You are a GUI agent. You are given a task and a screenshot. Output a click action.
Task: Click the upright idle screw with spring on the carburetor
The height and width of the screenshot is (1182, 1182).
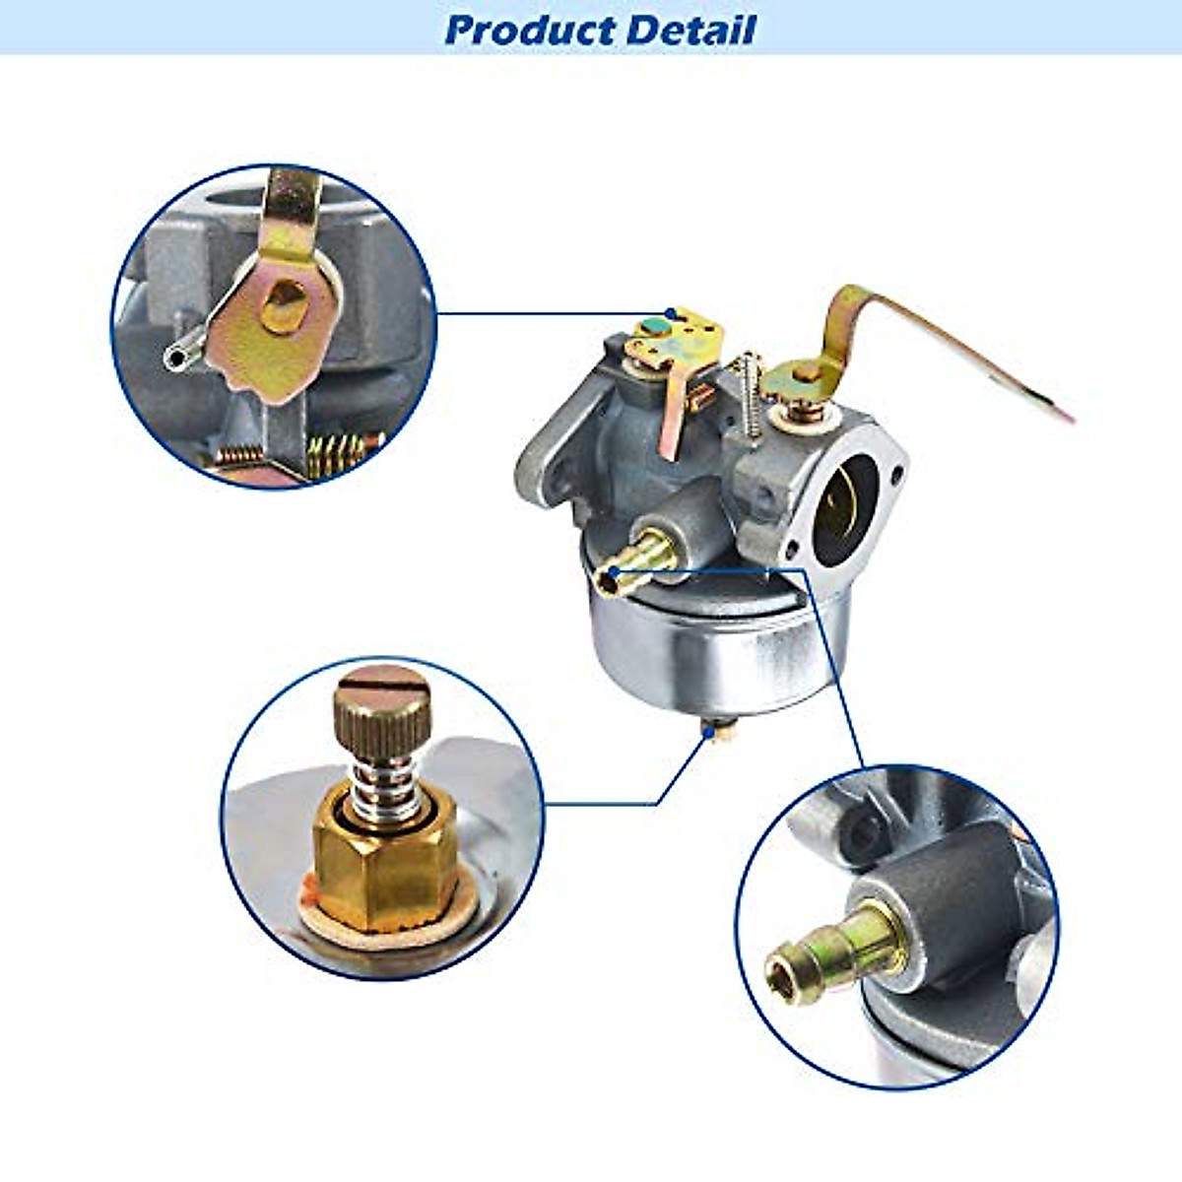[752, 394]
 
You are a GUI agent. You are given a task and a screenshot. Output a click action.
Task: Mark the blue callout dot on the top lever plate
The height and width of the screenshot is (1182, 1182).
[671, 314]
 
